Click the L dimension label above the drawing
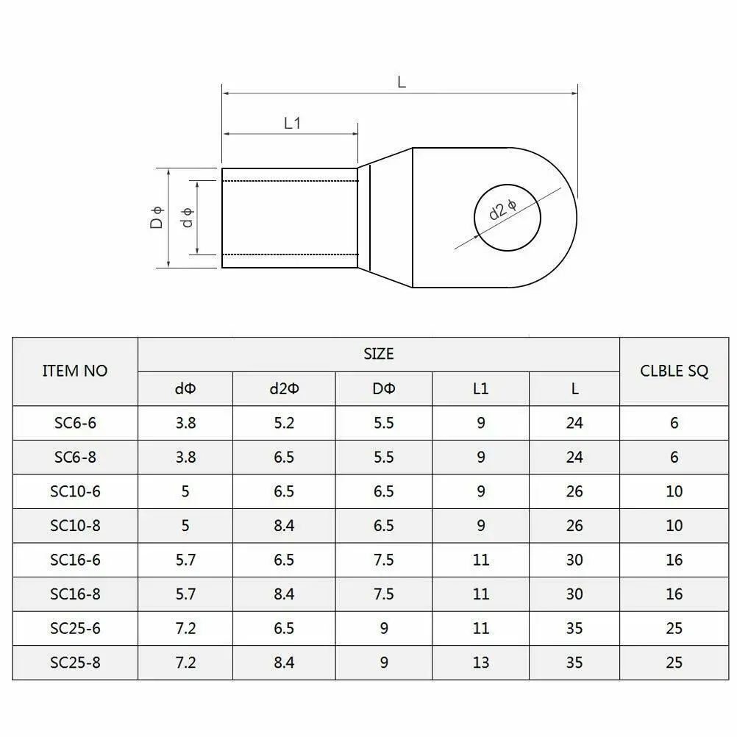(402, 82)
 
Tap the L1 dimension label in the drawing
(293, 123)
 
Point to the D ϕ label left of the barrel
(157, 218)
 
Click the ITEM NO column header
(75, 371)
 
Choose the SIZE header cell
(379, 354)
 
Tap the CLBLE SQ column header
(674, 371)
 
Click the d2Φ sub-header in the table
(284, 388)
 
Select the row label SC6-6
(75, 423)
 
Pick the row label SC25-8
(75, 663)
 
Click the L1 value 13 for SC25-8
(480, 663)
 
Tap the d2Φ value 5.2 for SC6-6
(284, 423)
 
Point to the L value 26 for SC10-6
(574, 491)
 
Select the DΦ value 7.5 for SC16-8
(383, 594)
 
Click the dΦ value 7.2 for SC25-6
(185, 629)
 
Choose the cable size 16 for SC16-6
(674, 560)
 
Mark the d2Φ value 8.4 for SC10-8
(284, 526)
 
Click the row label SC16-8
(75, 594)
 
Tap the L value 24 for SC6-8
(574, 457)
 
